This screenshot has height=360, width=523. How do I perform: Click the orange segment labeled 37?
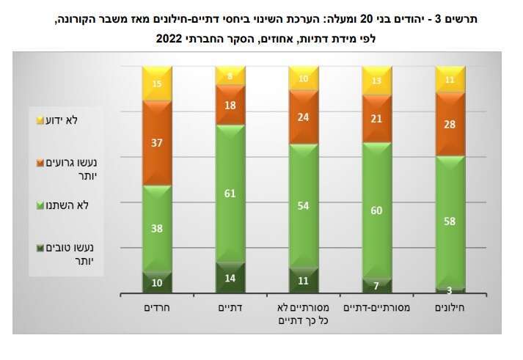click(157, 142)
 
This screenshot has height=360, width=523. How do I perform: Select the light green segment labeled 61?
click(230, 194)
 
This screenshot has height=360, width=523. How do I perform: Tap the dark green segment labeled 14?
click(230, 279)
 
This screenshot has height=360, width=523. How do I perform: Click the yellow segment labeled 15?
click(157, 84)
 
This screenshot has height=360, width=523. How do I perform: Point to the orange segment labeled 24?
click(304, 117)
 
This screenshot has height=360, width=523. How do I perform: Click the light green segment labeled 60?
click(377, 211)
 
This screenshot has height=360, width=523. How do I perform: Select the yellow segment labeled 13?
click(377, 81)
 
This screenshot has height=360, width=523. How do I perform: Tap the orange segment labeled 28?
click(450, 124)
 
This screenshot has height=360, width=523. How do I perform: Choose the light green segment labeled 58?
click(450, 221)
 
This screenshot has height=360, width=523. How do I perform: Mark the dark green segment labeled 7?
click(377, 286)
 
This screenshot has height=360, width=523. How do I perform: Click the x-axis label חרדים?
click(157, 309)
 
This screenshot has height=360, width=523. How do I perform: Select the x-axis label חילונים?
click(450, 309)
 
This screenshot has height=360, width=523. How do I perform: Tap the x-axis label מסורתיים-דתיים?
click(377, 309)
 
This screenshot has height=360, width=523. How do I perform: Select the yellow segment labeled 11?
click(450, 79)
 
